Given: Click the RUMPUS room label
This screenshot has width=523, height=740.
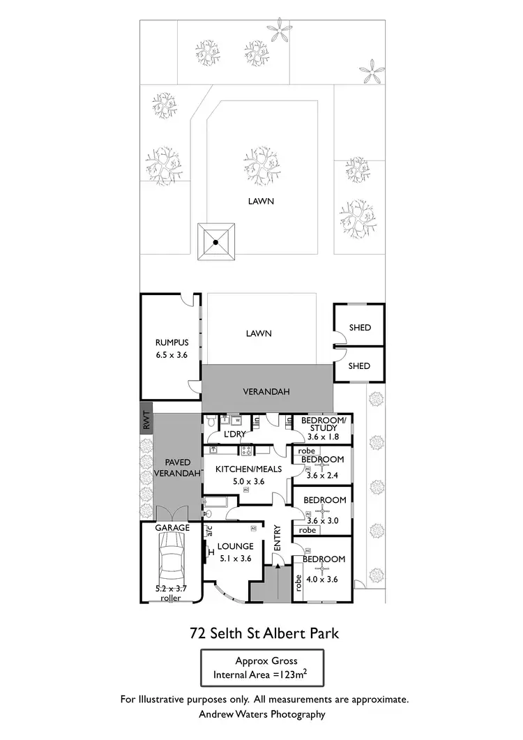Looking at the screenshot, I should click(x=172, y=342).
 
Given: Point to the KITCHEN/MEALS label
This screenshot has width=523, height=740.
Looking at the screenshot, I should click(x=248, y=469).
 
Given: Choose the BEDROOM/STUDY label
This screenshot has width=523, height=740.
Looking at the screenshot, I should click(x=323, y=424).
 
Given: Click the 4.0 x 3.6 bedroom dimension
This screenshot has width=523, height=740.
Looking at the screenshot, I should click(x=323, y=578).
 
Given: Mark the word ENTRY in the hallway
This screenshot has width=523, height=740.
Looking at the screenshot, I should click(x=278, y=539).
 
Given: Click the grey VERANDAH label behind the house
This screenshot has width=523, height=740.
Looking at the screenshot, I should click(x=267, y=391).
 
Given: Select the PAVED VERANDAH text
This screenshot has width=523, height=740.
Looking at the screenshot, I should click(x=177, y=467).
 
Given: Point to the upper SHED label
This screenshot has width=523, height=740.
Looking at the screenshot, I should click(x=359, y=328).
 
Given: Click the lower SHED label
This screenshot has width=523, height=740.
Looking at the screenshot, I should click(x=359, y=366).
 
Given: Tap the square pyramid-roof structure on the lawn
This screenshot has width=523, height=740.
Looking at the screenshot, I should click(x=215, y=242).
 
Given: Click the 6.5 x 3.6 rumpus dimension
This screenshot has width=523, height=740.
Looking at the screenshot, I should click(x=172, y=354).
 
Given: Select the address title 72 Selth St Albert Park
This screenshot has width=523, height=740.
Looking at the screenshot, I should click(x=264, y=634).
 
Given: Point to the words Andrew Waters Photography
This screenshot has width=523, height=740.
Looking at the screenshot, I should click(x=261, y=713).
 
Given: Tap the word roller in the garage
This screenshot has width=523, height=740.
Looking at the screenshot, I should click(x=170, y=598).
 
